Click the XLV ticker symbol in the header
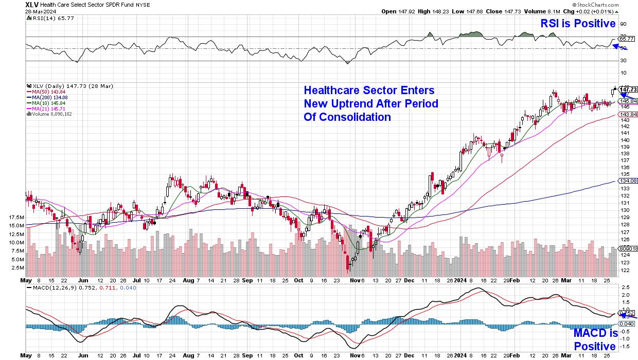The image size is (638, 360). click(x=32, y=4)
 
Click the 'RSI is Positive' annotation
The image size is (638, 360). click(x=577, y=24)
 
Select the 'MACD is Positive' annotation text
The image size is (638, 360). click(x=595, y=340)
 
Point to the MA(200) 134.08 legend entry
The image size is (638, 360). click(x=50, y=97)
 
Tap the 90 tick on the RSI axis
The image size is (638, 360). click(x=623, y=24)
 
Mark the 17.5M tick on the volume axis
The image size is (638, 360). click(x=16, y=217)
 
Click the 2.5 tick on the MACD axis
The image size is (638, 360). click(x=625, y=287)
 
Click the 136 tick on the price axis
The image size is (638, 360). click(x=623, y=167)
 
